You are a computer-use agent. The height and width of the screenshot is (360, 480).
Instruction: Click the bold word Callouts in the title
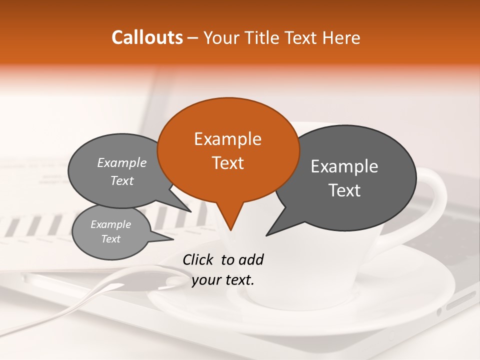tap(147, 37)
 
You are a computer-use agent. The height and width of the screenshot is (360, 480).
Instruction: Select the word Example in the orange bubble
tap(227, 139)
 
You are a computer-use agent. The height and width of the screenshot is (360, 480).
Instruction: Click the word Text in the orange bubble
tap(227, 163)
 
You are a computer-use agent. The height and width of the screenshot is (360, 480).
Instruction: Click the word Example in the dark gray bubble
tap(344, 166)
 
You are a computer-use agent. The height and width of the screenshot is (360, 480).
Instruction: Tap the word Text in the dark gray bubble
tap(344, 190)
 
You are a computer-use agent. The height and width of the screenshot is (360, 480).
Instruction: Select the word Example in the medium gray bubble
tap(122, 163)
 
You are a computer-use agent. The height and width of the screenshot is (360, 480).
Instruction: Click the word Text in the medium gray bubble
tap(122, 181)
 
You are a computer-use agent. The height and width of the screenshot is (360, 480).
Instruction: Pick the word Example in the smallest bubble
tap(110, 224)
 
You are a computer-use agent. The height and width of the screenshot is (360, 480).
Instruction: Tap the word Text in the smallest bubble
tap(110, 239)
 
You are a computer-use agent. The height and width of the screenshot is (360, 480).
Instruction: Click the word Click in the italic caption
tap(198, 259)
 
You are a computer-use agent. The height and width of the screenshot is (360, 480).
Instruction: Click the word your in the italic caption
tap(205, 280)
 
